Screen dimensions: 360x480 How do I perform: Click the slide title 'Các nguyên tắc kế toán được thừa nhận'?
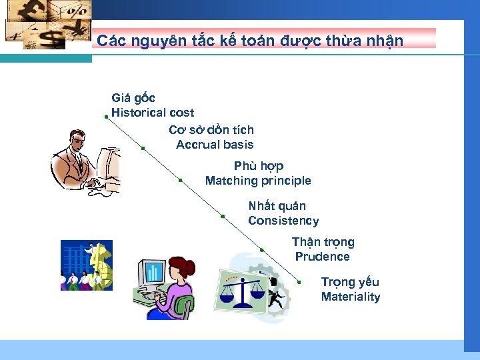250,41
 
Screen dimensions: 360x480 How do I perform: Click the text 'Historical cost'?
153,113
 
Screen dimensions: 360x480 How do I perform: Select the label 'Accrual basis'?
215,145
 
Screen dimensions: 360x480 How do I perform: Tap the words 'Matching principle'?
258,181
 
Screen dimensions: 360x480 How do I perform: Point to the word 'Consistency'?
283,221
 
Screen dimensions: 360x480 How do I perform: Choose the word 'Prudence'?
323,257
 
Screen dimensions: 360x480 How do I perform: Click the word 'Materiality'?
351,297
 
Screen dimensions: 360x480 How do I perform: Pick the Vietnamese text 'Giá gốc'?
133,98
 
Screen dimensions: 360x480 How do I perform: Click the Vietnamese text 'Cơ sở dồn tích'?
211,130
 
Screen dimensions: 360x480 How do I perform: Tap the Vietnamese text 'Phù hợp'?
259,166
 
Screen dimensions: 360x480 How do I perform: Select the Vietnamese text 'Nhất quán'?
277,206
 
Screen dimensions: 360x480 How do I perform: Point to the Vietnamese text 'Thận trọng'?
323,242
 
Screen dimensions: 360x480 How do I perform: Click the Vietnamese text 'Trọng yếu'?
350,282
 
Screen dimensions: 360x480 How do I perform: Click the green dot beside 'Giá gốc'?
106,116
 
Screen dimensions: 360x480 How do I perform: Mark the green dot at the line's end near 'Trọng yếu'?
299,283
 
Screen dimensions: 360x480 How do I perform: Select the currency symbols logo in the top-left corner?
47,25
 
